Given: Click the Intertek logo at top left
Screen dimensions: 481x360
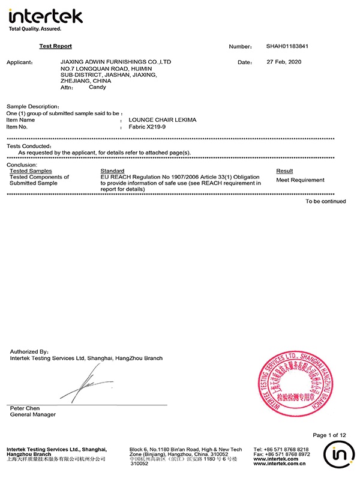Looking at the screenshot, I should (45, 18).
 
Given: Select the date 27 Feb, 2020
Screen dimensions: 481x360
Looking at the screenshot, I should (284, 62).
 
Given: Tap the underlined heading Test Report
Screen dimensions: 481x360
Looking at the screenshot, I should (55, 46).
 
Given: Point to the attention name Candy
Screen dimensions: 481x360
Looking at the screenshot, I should (97, 87).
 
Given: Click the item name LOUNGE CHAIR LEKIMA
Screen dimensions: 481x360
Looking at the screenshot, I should (162, 120).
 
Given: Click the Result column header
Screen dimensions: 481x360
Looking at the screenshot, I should (284, 171).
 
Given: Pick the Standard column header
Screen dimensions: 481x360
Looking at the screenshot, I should (112, 171).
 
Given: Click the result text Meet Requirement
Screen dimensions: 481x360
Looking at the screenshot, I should (300, 180).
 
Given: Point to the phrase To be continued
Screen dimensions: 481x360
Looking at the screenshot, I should (325, 202).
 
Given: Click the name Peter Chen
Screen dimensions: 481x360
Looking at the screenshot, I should (23, 408).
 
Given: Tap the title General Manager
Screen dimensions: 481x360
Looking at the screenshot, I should (33, 414).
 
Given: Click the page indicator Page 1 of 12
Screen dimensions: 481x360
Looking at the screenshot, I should (329, 435).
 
